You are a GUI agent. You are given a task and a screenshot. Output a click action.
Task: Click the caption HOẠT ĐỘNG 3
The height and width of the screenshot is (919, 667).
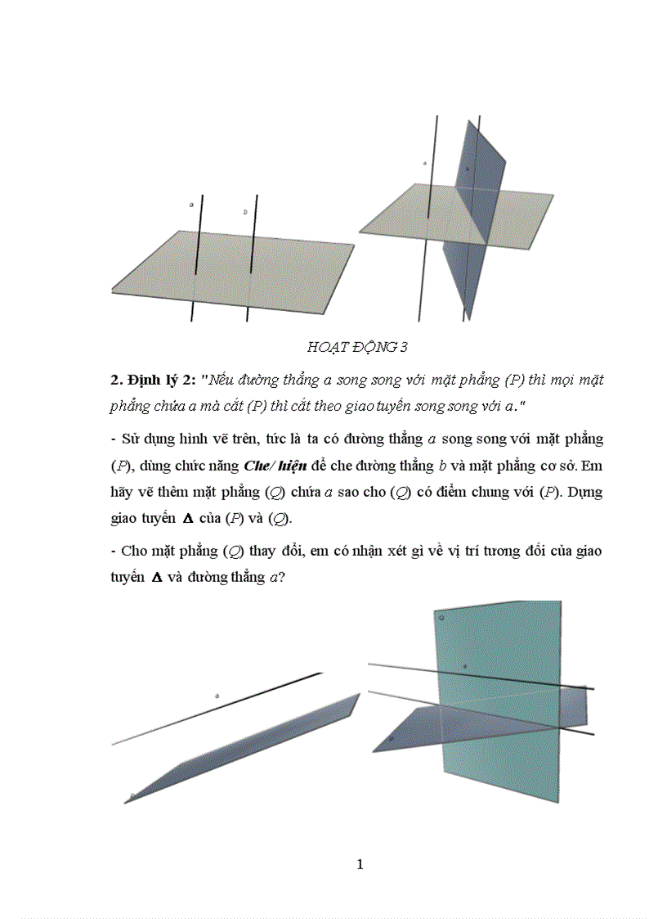pos(357,347)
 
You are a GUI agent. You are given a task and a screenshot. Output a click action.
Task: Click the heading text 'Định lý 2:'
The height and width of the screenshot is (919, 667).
pos(162,381)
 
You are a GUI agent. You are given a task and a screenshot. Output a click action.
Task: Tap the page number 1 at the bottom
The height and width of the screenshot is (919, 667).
pos(360,865)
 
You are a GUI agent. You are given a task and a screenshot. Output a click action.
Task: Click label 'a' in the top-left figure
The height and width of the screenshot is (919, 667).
pos(191,205)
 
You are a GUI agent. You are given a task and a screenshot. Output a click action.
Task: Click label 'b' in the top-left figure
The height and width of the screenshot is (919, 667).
pos(244,212)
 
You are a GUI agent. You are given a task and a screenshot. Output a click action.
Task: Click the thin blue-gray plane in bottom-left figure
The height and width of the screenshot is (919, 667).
pos(245,749)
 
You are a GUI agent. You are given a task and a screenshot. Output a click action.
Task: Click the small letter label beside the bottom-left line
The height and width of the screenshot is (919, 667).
pos(217,696)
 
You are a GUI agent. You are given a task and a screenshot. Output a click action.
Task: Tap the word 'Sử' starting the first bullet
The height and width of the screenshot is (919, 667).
pos(132,439)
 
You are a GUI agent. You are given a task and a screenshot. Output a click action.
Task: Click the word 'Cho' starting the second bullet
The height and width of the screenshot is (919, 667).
pos(133,551)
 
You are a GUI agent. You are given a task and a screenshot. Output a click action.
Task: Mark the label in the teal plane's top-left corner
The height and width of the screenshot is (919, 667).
pos(442,618)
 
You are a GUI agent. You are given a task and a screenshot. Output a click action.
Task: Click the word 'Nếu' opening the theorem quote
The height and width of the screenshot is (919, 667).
pos(224,381)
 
